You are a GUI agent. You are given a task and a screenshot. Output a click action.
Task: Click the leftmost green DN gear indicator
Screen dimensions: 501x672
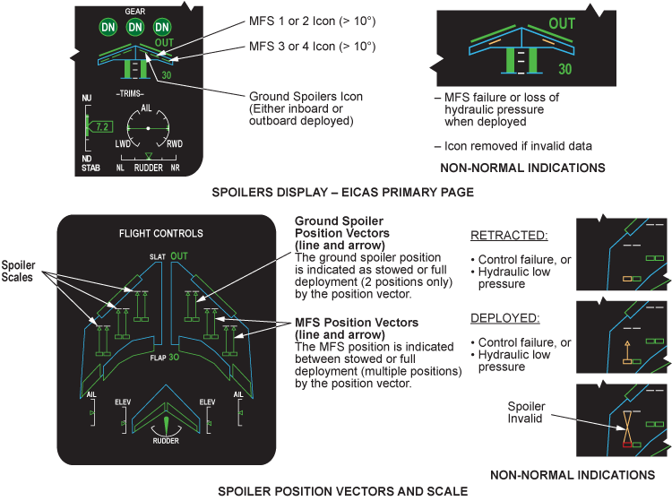(x=107, y=29)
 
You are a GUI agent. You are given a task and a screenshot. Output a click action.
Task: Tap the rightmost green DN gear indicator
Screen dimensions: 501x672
(x=163, y=29)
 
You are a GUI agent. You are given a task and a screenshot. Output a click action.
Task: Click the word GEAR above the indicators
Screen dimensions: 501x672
(x=135, y=12)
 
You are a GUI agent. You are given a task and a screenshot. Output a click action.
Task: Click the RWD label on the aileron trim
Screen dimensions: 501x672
(x=175, y=143)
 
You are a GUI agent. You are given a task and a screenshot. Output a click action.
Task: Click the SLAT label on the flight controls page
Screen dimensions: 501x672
(x=157, y=257)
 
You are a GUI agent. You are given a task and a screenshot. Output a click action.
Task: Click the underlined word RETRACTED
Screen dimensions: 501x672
(x=508, y=237)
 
